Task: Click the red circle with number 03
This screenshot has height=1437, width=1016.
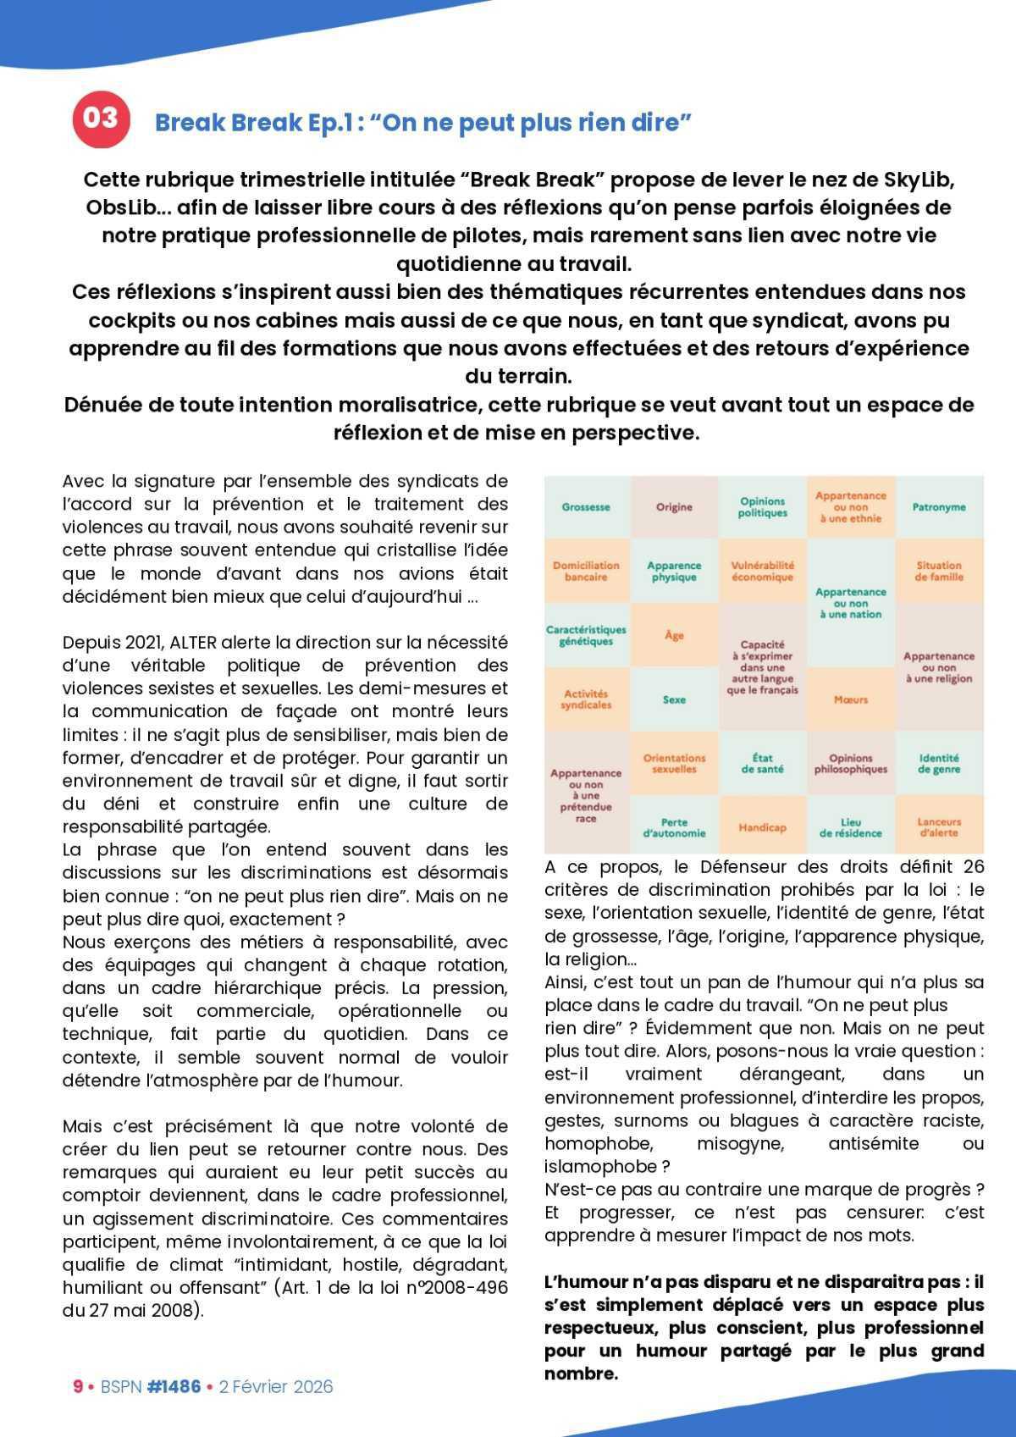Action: (x=101, y=119)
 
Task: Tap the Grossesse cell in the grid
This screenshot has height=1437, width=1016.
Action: (x=586, y=507)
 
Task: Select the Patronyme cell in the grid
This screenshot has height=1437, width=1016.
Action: (x=939, y=507)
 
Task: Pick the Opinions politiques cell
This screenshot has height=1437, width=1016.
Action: (x=762, y=507)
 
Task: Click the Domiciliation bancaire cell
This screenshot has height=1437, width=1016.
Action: (x=586, y=571)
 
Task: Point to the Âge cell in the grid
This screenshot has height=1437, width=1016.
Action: (x=674, y=635)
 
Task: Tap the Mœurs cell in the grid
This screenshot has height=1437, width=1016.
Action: (x=850, y=699)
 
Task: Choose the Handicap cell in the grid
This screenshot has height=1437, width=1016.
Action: (x=762, y=827)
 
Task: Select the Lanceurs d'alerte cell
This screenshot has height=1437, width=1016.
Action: (x=939, y=827)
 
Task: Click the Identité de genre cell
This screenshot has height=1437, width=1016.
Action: (x=939, y=764)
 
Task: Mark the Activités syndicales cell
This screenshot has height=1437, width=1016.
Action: (x=586, y=699)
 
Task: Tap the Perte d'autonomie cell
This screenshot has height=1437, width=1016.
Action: (x=674, y=827)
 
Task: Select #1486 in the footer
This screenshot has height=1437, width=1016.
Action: (x=174, y=1386)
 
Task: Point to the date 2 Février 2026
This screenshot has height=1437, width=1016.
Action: (x=276, y=1386)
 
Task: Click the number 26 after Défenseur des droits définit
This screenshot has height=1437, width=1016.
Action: (x=974, y=867)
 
